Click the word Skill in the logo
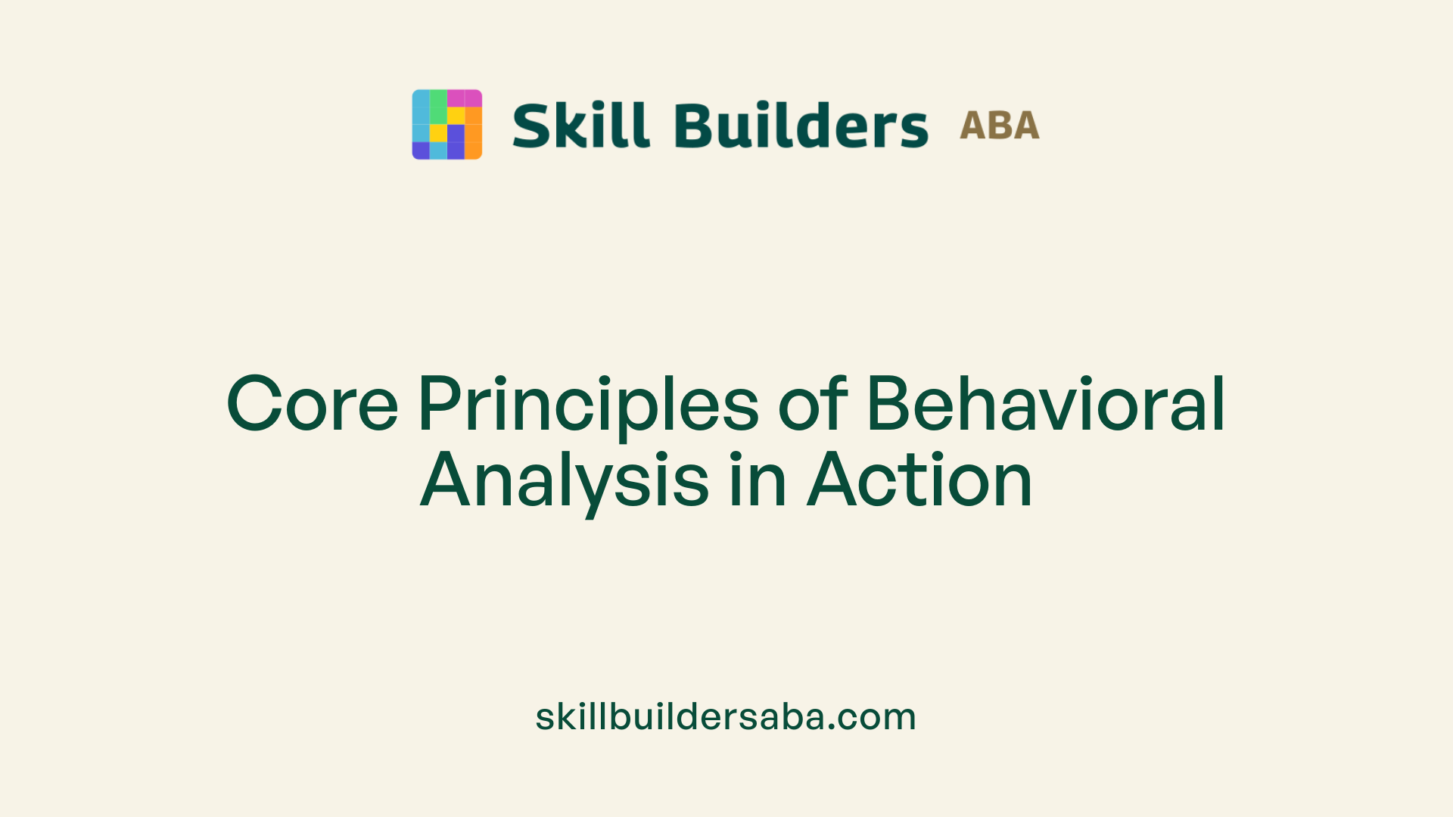pyautogui.click(x=580, y=126)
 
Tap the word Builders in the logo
pyautogui.click(x=801, y=126)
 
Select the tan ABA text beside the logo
pyautogui.click(x=999, y=126)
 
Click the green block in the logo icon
pyautogui.click(x=438, y=107)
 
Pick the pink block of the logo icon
pyautogui.click(x=464, y=98)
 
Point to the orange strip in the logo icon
pyautogui.click(x=473, y=133)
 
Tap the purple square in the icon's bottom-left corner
pyautogui.click(x=420, y=151)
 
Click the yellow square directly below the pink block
pyautogui.click(x=456, y=115)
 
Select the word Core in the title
pyautogui.click(x=312, y=404)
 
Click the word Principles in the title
pyautogui.click(x=588, y=404)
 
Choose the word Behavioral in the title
pyautogui.click(x=1045, y=404)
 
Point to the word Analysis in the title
pyautogui.click(x=565, y=480)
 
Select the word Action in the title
pyautogui.click(x=919, y=480)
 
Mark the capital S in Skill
pyautogui.click(x=533, y=126)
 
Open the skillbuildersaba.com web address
pyautogui.click(x=726, y=716)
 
